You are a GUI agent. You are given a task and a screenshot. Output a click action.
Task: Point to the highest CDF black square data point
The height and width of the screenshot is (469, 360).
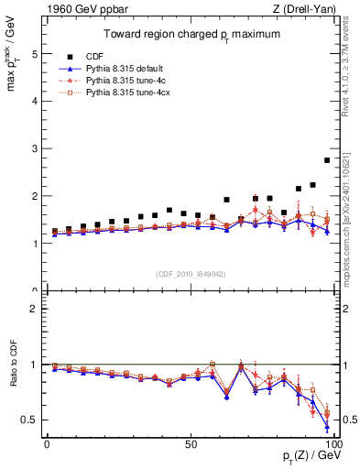pyautogui.click(x=327, y=160)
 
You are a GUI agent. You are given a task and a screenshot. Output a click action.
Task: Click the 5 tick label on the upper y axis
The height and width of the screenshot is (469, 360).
pyautogui.click(x=35, y=54)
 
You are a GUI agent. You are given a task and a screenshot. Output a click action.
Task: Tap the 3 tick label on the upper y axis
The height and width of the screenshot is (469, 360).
pyautogui.click(x=35, y=148)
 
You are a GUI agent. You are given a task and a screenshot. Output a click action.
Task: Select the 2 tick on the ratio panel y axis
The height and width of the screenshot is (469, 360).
pyautogui.click(x=35, y=309)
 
